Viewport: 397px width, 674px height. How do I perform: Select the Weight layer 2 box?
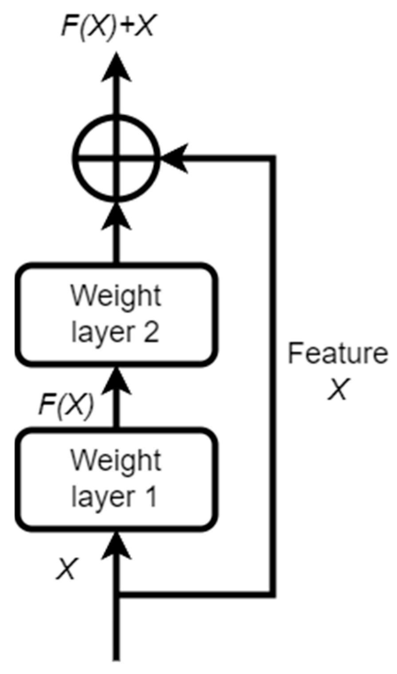tap(116, 315)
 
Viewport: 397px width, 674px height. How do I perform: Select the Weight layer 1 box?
tap(116, 480)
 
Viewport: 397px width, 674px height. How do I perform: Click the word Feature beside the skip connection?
tap(338, 354)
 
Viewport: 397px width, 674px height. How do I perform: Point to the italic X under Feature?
tap(338, 389)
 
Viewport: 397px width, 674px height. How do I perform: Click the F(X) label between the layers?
tap(66, 404)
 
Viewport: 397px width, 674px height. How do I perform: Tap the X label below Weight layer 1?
tap(67, 568)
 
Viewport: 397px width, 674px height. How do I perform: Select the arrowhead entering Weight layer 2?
tap(116, 382)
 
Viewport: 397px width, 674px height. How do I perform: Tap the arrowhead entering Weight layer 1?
tap(116, 547)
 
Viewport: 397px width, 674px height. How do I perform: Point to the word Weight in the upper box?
tap(116, 296)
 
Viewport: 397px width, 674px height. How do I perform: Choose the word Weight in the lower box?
tap(116, 461)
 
